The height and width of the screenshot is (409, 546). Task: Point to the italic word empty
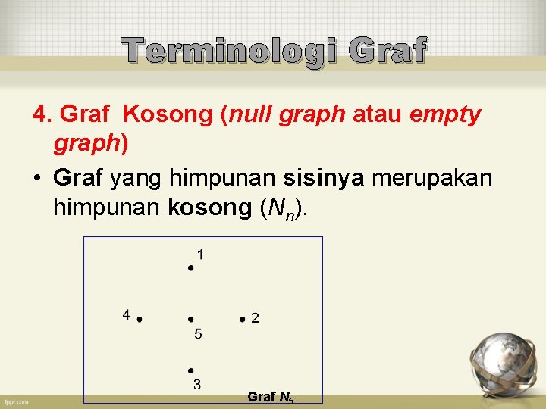click(444, 115)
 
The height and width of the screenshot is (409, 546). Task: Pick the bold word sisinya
click(323, 179)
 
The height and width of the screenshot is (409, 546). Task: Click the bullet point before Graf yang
click(36, 180)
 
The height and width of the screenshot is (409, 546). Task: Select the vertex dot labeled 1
click(191, 267)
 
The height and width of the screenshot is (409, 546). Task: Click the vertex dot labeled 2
click(241, 319)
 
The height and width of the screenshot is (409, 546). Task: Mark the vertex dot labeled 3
click(191, 370)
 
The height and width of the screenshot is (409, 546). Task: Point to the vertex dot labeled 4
click(140, 320)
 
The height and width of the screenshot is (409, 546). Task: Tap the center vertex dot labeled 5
click(191, 320)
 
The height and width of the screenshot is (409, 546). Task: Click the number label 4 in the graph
click(127, 314)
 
